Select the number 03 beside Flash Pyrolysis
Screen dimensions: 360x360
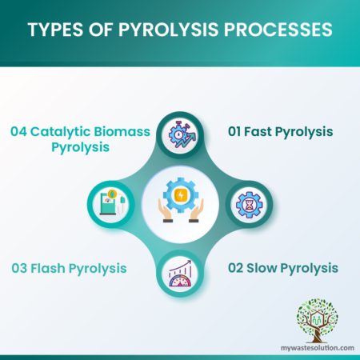(22, 267)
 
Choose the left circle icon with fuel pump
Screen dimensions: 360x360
(112, 199)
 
